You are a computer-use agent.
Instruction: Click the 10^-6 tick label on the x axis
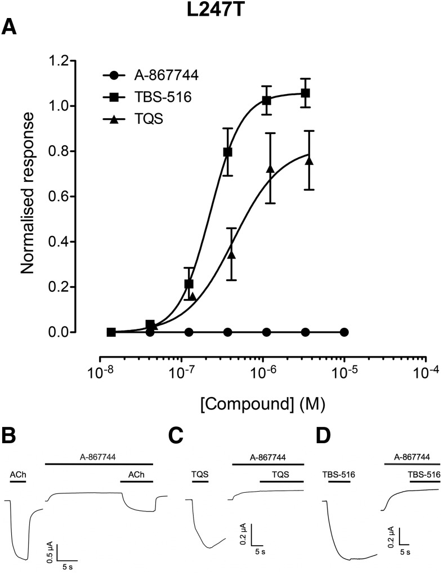tap(263, 374)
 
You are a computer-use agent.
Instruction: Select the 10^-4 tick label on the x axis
tap(426, 374)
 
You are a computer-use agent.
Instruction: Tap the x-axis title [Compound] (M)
tap(263, 403)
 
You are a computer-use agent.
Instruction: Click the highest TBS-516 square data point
tap(306, 93)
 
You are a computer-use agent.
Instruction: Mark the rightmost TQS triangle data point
tap(308, 161)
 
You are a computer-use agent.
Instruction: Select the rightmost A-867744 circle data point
tap(344, 332)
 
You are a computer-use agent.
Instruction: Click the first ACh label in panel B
tap(18, 475)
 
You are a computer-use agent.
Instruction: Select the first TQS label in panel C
tap(200, 474)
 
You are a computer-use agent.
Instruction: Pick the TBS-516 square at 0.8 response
tap(228, 152)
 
